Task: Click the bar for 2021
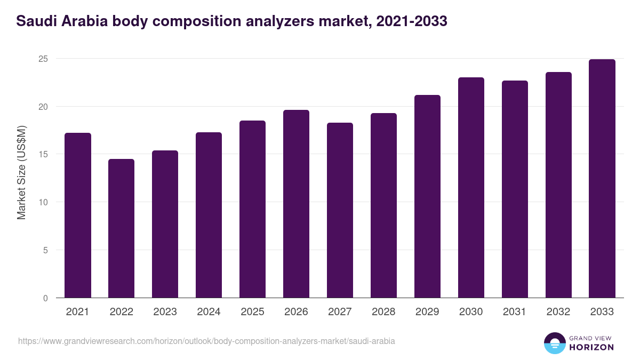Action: [78, 215]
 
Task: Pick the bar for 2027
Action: [340, 210]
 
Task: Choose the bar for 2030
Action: [471, 188]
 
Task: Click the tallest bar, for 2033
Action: [603, 179]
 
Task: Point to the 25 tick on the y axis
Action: [43, 59]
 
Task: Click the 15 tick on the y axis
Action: [43, 155]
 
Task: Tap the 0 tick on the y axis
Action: [45, 298]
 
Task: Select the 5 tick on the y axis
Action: [45, 250]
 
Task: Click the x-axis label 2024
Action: [209, 312]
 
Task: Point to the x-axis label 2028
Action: [384, 312]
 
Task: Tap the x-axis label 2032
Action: [559, 312]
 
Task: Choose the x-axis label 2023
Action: [165, 312]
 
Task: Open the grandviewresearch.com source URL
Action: [206, 341]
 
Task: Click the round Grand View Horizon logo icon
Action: [555, 343]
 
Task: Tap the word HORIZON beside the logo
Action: [591, 347]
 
